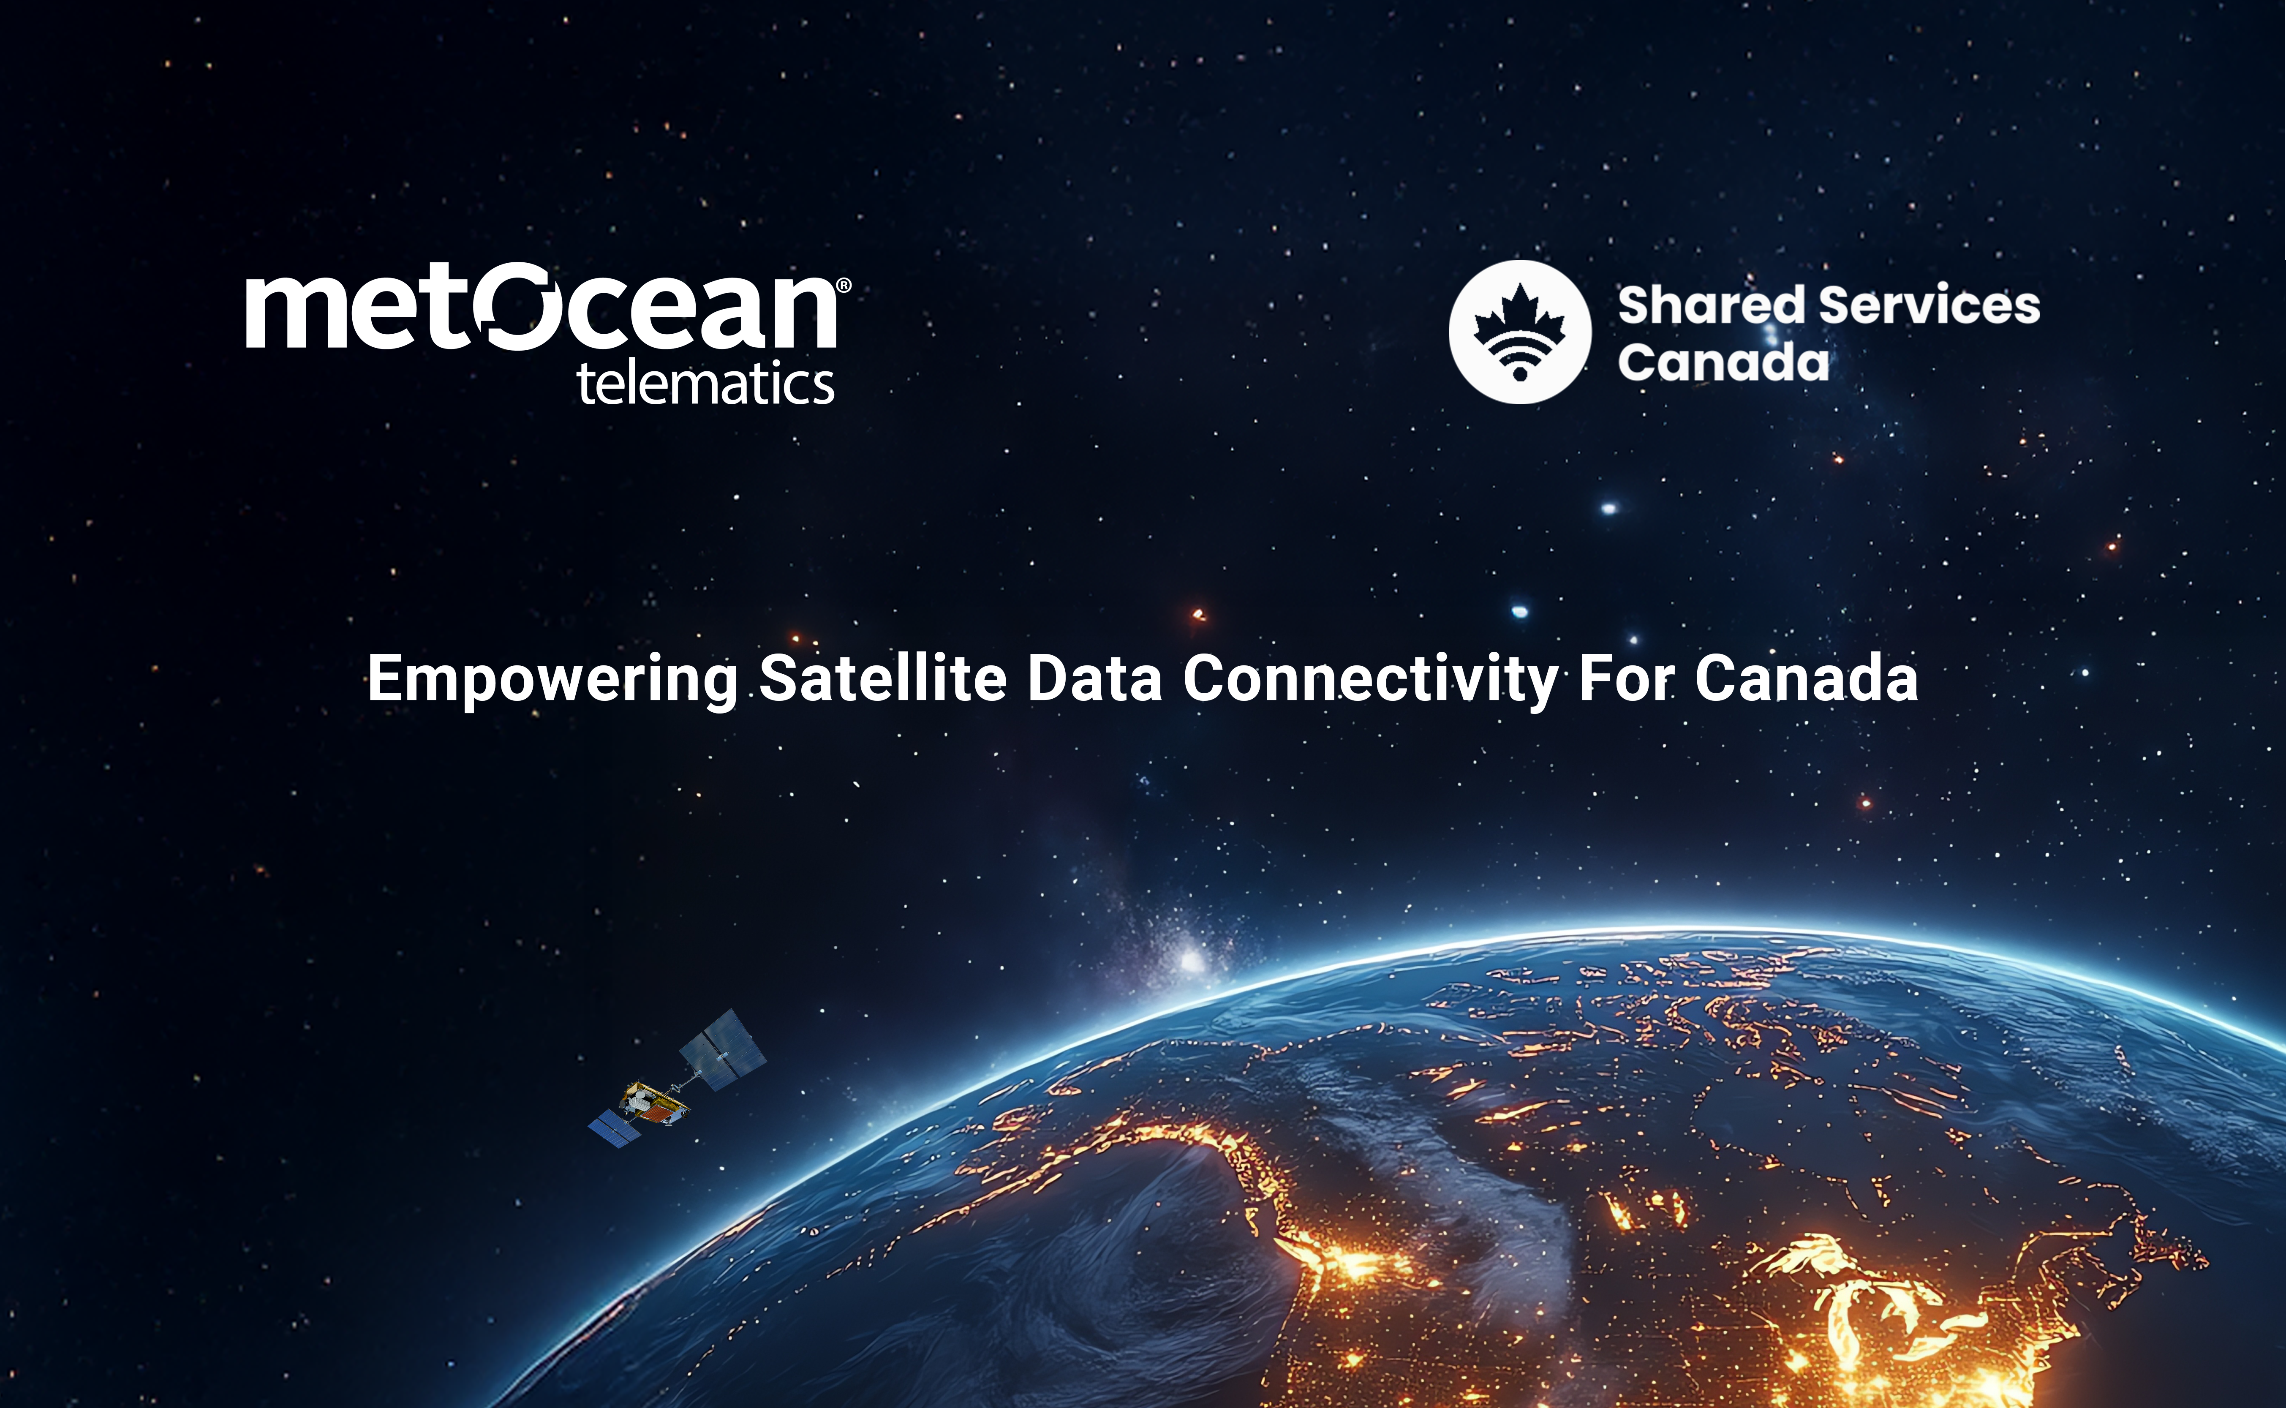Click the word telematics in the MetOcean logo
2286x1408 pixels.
click(706, 384)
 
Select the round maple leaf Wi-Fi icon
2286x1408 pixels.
click(1520, 332)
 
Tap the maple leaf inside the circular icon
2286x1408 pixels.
click(1520, 316)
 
